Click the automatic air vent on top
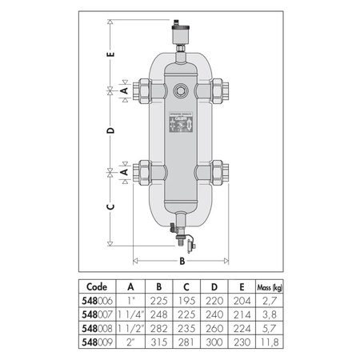pyautogui.click(x=181, y=34)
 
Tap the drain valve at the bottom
pyautogui.click(x=181, y=232)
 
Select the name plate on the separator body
pyautogui.click(x=181, y=126)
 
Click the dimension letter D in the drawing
pyautogui.click(x=111, y=130)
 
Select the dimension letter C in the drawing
pyautogui.click(x=111, y=206)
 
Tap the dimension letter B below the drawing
pyautogui.click(x=182, y=260)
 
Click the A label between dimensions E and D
pyautogui.click(x=123, y=91)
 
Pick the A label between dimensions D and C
pyautogui.click(x=123, y=171)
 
